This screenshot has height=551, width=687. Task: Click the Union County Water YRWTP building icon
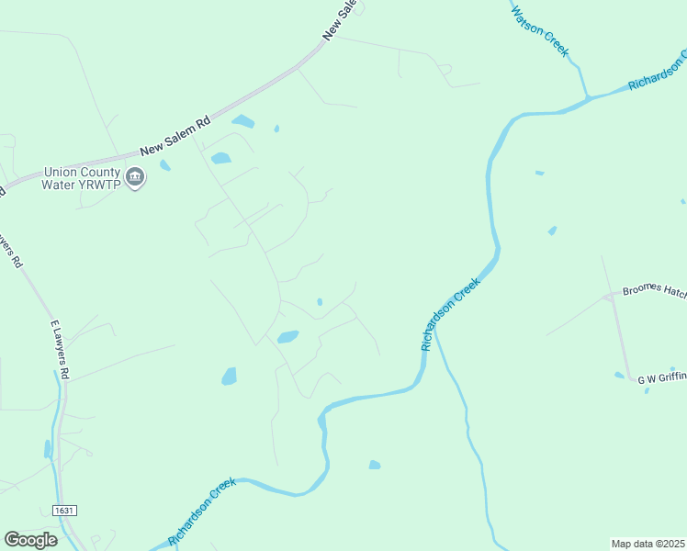(x=135, y=176)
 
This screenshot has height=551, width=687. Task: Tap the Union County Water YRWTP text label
(x=82, y=177)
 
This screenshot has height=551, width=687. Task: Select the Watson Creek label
(x=540, y=30)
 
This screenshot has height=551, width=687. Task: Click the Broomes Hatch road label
(x=654, y=291)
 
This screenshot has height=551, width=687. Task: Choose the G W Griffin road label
(x=661, y=377)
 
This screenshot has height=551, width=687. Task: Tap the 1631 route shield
(x=63, y=510)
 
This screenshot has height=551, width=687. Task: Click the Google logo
(x=30, y=540)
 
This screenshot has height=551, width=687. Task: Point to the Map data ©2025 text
(x=648, y=544)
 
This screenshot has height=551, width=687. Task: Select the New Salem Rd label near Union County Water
(x=175, y=136)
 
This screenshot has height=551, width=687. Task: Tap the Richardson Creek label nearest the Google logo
(x=202, y=512)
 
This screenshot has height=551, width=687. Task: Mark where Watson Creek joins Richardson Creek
(x=587, y=96)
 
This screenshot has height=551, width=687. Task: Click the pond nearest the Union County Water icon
(x=165, y=165)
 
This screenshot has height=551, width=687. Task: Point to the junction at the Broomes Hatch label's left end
(x=611, y=297)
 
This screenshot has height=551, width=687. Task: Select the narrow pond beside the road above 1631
(x=48, y=449)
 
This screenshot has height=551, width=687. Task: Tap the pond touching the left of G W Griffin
(x=619, y=375)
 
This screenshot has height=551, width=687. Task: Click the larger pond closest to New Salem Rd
(x=242, y=121)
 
